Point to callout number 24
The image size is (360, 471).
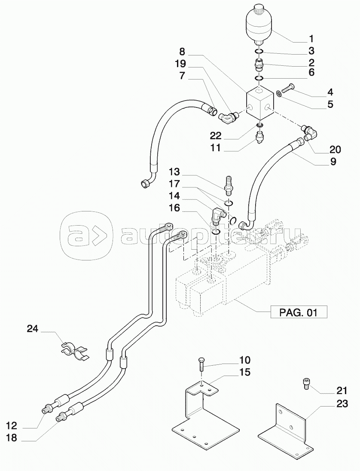pyautogui.click(x=32, y=329)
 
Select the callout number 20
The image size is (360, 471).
pyautogui.click(x=335, y=150)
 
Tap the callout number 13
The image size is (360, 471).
pyautogui.click(x=174, y=172)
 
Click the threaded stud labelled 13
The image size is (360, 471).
pyautogui.click(x=229, y=183)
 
